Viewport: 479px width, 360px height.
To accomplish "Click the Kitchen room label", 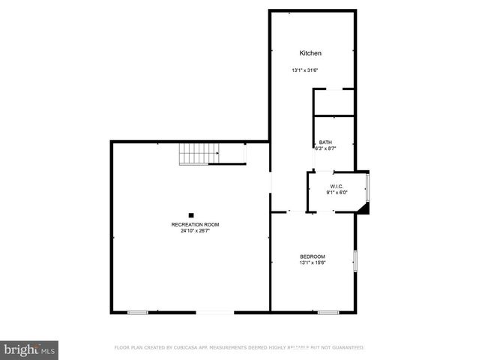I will click(310, 53).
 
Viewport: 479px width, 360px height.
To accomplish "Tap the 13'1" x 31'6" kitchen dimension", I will click(305, 70).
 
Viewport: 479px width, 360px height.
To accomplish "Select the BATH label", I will click(325, 142).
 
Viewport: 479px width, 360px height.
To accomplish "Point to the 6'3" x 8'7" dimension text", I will click(325, 148).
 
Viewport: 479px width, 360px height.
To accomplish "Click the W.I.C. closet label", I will click(337, 186).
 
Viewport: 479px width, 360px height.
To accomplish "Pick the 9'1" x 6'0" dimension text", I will click(337, 193).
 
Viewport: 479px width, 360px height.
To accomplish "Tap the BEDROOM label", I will click(312, 256).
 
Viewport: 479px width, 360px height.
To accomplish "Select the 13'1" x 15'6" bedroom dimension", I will click(312, 263).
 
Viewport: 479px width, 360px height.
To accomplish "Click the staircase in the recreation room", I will click(198, 155).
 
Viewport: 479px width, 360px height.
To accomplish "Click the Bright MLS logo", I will click(30, 349).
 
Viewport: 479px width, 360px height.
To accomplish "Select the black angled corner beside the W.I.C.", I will click(364, 208).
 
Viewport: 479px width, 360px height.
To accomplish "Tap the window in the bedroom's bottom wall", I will click(328, 312).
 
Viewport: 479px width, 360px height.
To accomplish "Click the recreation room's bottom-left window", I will click(137, 312).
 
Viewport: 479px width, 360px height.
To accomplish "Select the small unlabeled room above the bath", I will click(334, 102).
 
